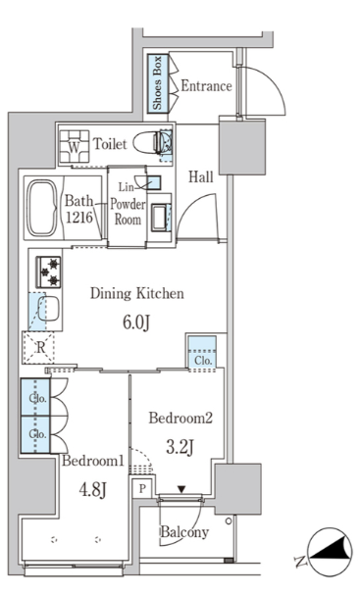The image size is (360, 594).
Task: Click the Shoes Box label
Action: (x=157, y=83)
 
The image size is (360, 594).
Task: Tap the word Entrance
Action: (x=206, y=86)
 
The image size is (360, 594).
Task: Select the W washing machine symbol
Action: (x=75, y=147)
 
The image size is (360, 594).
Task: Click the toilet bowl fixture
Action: (x=152, y=142)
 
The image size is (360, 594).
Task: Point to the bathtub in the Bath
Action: (x=43, y=208)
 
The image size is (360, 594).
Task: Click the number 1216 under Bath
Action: (x=79, y=218)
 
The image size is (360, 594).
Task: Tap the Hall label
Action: (x=201, y=176)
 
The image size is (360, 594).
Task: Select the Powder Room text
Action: (x=128, y=212)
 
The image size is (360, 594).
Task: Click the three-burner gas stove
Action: (x=48, y=272)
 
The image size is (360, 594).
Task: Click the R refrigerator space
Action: (x=38, y=348)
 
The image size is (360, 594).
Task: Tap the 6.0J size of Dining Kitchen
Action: (x=136, y=322)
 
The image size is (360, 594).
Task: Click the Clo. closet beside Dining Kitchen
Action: (x=203, y=352)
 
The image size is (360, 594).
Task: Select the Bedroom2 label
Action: (x=180, y=419)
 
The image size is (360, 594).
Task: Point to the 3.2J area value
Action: (x=180, y=447)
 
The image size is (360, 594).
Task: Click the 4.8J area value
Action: (x=92, y=490)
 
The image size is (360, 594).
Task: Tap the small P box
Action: (x=142, y=489)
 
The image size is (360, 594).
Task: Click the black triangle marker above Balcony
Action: (x=181, y=489)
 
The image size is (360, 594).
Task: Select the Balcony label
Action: (x=184, y=532)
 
